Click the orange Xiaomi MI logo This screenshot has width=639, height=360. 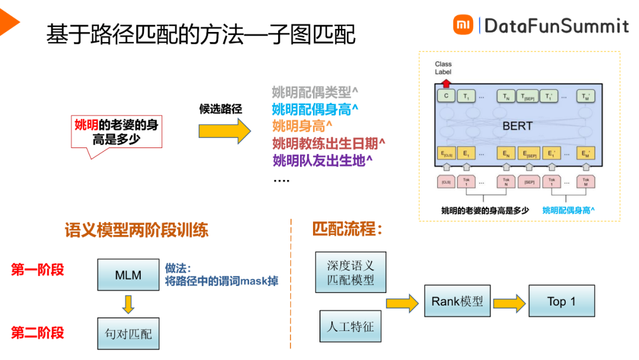click(463, 25)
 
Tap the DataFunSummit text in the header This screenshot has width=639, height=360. click(556, 25)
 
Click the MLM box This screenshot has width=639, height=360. click(128, 275)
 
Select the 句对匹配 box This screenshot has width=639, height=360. click(128, 333)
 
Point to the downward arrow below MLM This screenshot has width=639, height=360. click(128, 304)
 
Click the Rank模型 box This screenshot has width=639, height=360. click(457, 301)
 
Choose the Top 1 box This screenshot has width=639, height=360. click(561, 301)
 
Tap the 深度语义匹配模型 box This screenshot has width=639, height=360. click(351, 272)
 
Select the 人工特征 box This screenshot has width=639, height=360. click(351, 326)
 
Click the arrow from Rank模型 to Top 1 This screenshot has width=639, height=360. click(509, 303)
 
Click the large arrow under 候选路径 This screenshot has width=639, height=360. click(224, 131)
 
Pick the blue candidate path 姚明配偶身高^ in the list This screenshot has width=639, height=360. click(316, 109)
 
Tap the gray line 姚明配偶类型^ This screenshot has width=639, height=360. click(315, 92)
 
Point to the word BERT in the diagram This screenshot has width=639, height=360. click(517, 126)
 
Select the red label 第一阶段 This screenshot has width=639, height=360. click(37, 270)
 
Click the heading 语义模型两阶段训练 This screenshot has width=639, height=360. click(137, 230)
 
